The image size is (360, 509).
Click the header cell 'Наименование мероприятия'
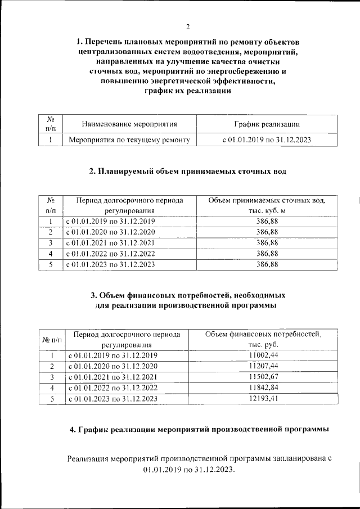click(x=129, y=124)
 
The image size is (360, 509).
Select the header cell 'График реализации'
click(x=267, y=124)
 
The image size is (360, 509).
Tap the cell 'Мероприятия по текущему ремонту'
click(x=129, y=139)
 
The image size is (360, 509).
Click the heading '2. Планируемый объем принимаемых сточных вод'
click(x=188, y=172)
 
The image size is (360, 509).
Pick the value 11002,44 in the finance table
click(x=263, y=355)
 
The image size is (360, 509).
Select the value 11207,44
click(x=263, y=366)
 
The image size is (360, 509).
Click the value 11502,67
click(x=263, y=377)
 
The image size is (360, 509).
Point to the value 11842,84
click(x=263, y=388)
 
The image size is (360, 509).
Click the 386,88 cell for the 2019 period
click(x=267, y=221)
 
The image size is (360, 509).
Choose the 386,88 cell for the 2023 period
click(x=267, y=264)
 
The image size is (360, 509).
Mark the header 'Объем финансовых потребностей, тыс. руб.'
click(x=263, y=339)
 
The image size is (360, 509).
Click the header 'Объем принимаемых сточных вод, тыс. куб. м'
click(x=267, y=205)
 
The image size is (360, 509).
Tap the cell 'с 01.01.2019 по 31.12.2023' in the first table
click(x=267, y=139)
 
